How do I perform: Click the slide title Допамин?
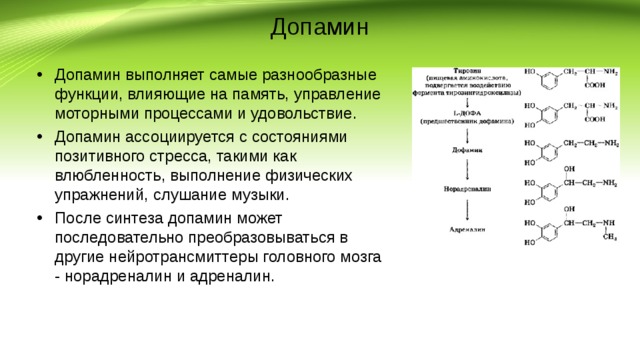pyautogui.click(x=319, y=27)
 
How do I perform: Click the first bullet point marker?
pyautogui.click(x=37, y=76)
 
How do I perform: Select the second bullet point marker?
pyautogui.click(x=37, y=136)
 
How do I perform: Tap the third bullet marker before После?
pyautogui.click(x=37, y=217)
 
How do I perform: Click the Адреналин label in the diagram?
pyautogui.click(x=466, y=230)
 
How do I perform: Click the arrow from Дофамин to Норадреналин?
pyautogui.click(x=466, y=169)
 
